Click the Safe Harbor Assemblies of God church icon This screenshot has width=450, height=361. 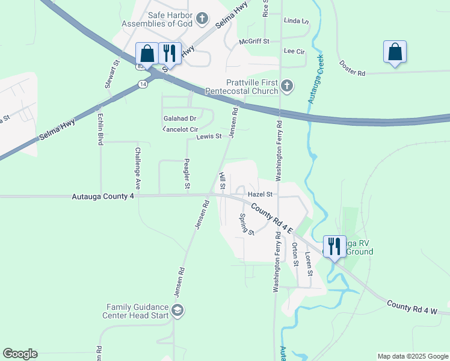[202, 19]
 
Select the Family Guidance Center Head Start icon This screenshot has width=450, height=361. [177, 310]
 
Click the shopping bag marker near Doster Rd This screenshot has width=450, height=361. [395, 52]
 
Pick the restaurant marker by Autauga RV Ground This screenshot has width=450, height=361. [334, 246]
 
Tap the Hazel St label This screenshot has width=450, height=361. [260, 194]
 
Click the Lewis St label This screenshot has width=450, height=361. [209, 137]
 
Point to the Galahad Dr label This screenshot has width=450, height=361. [180, 119]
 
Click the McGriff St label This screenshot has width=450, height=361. [254, 42]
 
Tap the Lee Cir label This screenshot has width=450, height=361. [294, 52]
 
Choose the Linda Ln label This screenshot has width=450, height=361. [295, 20]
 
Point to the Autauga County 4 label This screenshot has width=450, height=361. [102, 196]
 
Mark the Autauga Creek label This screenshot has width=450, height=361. [316, 79]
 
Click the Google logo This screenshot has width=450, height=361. [20, 354]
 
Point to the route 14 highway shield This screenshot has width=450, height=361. [142, 84]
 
